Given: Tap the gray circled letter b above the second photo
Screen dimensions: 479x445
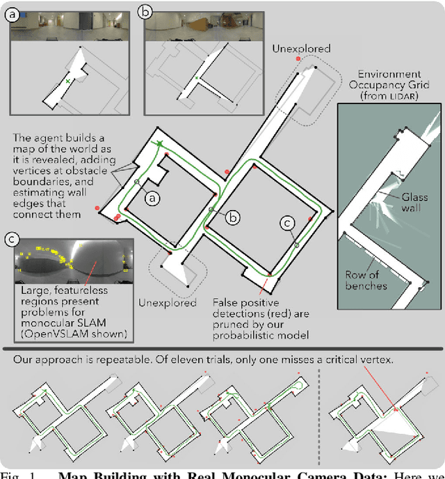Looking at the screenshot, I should point(146,12).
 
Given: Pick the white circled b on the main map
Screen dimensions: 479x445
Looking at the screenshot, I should point(234,217).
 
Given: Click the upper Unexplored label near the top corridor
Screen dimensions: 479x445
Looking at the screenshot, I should point(301,49).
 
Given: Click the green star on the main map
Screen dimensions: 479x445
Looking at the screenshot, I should point(160,144).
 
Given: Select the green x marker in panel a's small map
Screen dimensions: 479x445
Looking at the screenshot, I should point(67,82).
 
